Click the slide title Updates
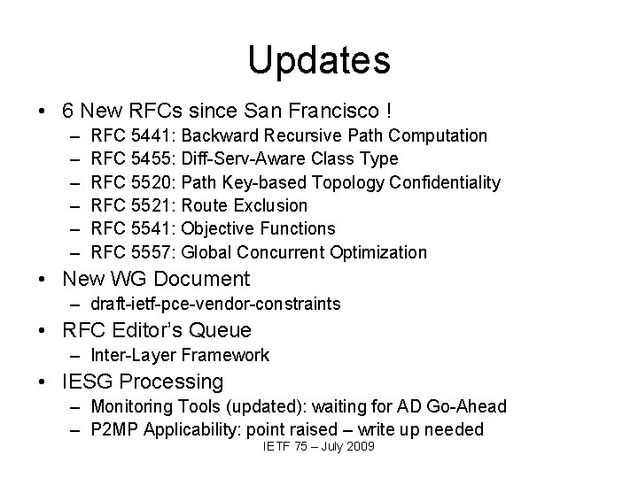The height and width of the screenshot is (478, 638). [x=319, y=60]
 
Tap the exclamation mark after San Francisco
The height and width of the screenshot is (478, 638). [x=389, y=112]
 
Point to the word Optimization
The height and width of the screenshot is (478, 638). [x=377, y=252]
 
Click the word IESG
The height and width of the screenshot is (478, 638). [x=91, y=382]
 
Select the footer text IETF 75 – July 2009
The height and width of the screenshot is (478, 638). [x=319, y=446]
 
